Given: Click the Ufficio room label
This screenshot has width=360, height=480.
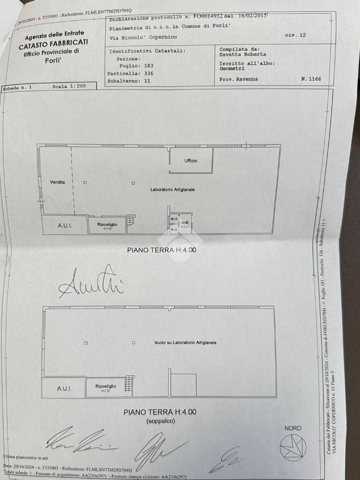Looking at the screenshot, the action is pyautogui.click(x=191, y=161).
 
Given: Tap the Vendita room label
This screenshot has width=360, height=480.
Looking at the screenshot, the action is pyautogui.click(x=58, y=182).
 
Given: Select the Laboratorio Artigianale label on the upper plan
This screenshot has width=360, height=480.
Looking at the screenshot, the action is pyautogui.click(x=172, y=189).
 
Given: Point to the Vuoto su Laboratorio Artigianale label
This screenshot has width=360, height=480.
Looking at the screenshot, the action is pyautogui.click(x=185, y=343).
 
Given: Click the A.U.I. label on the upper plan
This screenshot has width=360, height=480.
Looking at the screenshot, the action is pyautogui.click(x=65, y=225).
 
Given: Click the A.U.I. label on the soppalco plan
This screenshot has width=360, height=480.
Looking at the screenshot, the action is pyautogui.click(x=64, y=388).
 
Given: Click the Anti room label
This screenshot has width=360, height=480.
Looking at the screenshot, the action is pyautogui.click(x=185, y=223).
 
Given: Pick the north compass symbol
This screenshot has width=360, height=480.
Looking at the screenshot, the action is pyautogui.click(x=293, y=447).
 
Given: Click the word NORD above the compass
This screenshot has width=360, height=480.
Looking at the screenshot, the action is pyautogui.click(x=293, y=428).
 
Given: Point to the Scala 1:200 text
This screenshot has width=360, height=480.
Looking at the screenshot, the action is pyautogui.click(x=69, y=87).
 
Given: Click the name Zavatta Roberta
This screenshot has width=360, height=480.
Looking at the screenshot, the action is pyautogui.click(x=242, y=54).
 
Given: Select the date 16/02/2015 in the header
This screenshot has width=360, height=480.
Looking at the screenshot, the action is pyautogui.click(x=252, y=15).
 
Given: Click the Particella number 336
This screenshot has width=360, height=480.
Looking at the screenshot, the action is pyautogui.click(x=149, y=74).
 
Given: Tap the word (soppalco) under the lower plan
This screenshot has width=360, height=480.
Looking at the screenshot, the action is pyautogui.click(x=160, y=421).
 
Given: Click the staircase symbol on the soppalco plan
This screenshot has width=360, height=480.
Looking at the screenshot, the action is pyautogui.click(x=129, y=384).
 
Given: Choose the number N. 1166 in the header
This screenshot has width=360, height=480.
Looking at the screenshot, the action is pyautogui.click(x=311, y=79).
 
